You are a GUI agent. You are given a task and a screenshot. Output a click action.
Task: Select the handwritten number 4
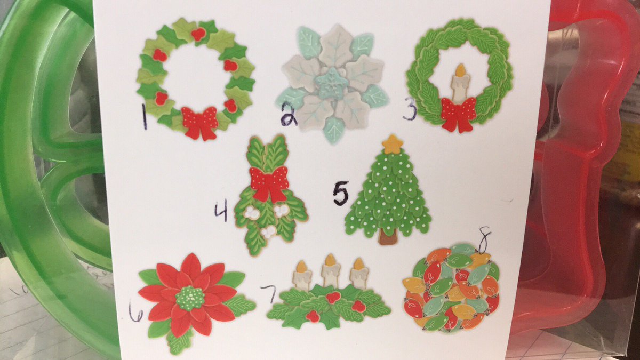pyautogui.click(x=222, y=211)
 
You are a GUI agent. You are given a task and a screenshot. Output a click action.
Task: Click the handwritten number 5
pyautogui.click(x=341, y=193)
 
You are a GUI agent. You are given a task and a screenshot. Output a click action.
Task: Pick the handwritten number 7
pyautogui.click(x=269, y=294)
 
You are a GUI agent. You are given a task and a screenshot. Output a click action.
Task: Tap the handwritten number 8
pyautogui.click(x=484, y=240)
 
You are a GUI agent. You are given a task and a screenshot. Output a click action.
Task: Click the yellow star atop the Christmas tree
pyautogui.click(x=394, y=145)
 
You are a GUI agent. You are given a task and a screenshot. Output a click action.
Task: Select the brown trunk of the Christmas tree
pyautogui.click(x=388, y=237)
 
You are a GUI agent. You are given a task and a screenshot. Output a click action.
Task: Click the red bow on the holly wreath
pyautogui.click(x=199, y=123)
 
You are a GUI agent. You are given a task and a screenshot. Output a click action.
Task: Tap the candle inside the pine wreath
pyautogui.click(x=459, y=83)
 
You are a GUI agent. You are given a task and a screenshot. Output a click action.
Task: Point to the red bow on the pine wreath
pyautogui.click(x=458, y=115)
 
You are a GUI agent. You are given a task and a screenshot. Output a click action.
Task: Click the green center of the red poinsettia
pyautogui.click(x=190, y=298)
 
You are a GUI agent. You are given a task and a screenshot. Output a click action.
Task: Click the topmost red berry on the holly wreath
pyautogui.click(x=198, y=34)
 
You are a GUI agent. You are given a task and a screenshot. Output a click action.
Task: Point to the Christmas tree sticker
pyautogui.click(x=388, y=190)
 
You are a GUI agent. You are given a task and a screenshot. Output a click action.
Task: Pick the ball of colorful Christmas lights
pyautogui.click(x=451, y=289)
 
